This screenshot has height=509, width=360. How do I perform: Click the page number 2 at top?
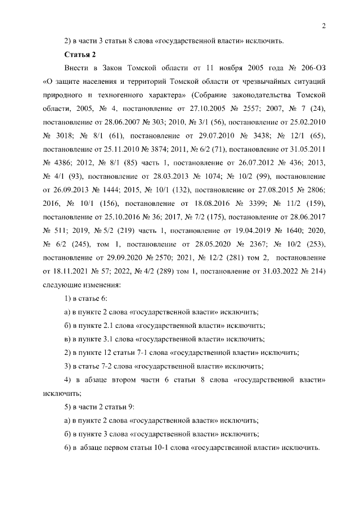point(325,25)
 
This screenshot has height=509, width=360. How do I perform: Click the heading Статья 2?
point(80,55)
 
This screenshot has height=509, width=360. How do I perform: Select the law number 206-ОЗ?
point(312,68)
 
